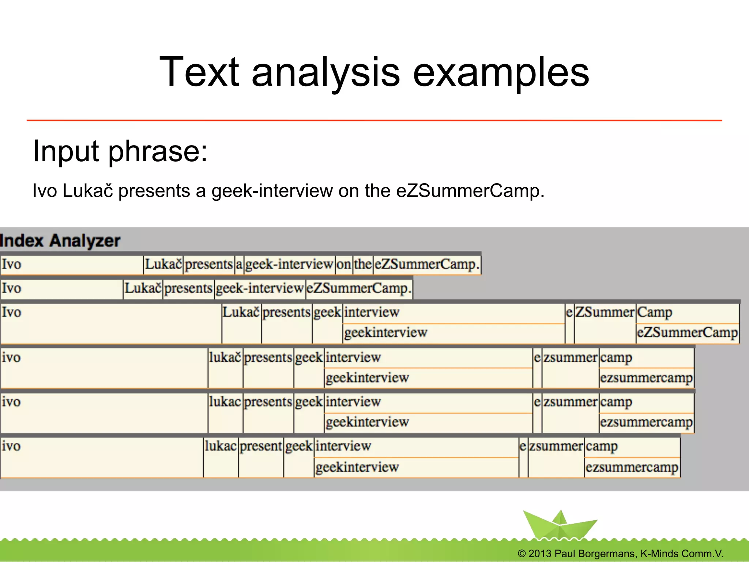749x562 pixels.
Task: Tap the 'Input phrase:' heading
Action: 120,151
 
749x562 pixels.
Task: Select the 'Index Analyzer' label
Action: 60,241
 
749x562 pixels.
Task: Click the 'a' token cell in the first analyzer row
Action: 239,264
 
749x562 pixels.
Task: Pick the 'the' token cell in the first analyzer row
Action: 363,264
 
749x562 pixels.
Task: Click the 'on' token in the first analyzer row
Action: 344,264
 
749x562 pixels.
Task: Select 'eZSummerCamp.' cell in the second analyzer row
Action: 359,288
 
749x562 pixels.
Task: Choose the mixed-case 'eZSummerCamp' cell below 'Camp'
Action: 687,333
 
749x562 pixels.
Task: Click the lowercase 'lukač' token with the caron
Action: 225,357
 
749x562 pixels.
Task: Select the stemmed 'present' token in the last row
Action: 261,446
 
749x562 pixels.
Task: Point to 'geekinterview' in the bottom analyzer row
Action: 357,467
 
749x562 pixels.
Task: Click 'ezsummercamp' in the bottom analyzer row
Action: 632,467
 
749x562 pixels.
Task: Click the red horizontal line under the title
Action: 374,120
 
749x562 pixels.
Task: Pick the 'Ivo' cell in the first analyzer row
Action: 71,264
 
